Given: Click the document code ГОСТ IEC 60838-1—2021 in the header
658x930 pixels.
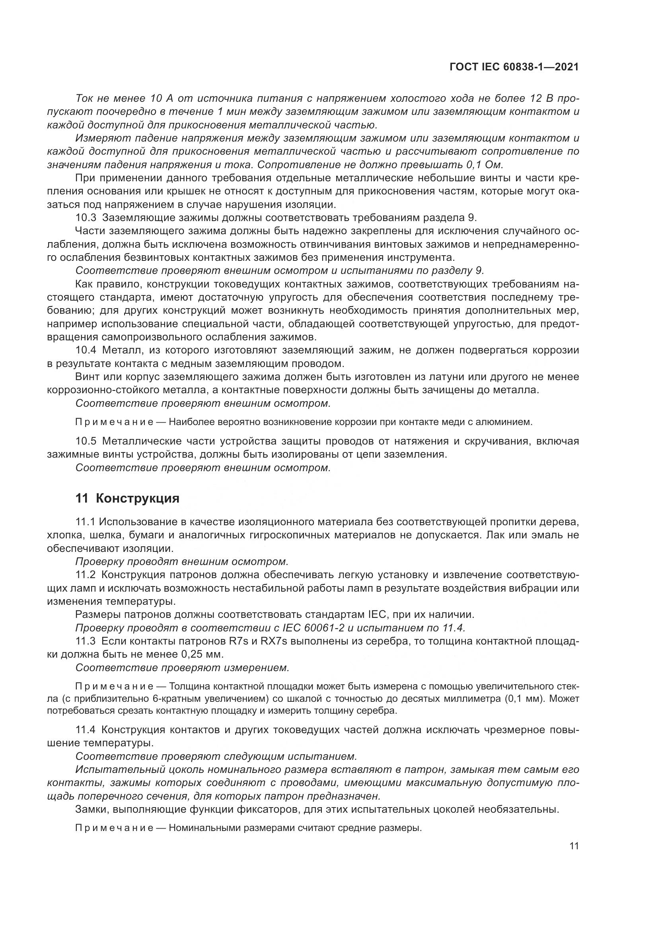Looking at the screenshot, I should [514, 67].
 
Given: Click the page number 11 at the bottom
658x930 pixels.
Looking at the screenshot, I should [574, 846].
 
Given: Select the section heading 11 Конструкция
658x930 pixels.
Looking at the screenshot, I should [127, 498].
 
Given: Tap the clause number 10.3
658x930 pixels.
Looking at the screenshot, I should [86, 218].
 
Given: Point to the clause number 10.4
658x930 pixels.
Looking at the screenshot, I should [86, 350].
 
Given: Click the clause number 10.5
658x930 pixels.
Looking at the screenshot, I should [86, 441].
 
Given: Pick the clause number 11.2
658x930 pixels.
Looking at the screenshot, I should [86, 575].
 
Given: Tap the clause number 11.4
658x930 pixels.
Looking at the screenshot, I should [86, 730].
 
